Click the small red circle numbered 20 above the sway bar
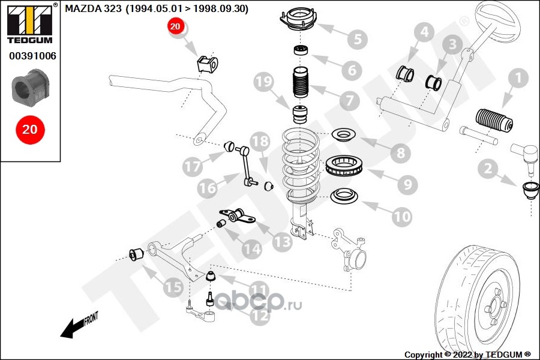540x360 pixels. pos(175,26)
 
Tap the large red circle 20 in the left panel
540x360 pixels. pos(29,130)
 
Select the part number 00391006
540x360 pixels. pos(32,56)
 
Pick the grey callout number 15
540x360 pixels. pos(173,289)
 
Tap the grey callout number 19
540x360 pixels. pos(263,83)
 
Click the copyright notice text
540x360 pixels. pos(468,355)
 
